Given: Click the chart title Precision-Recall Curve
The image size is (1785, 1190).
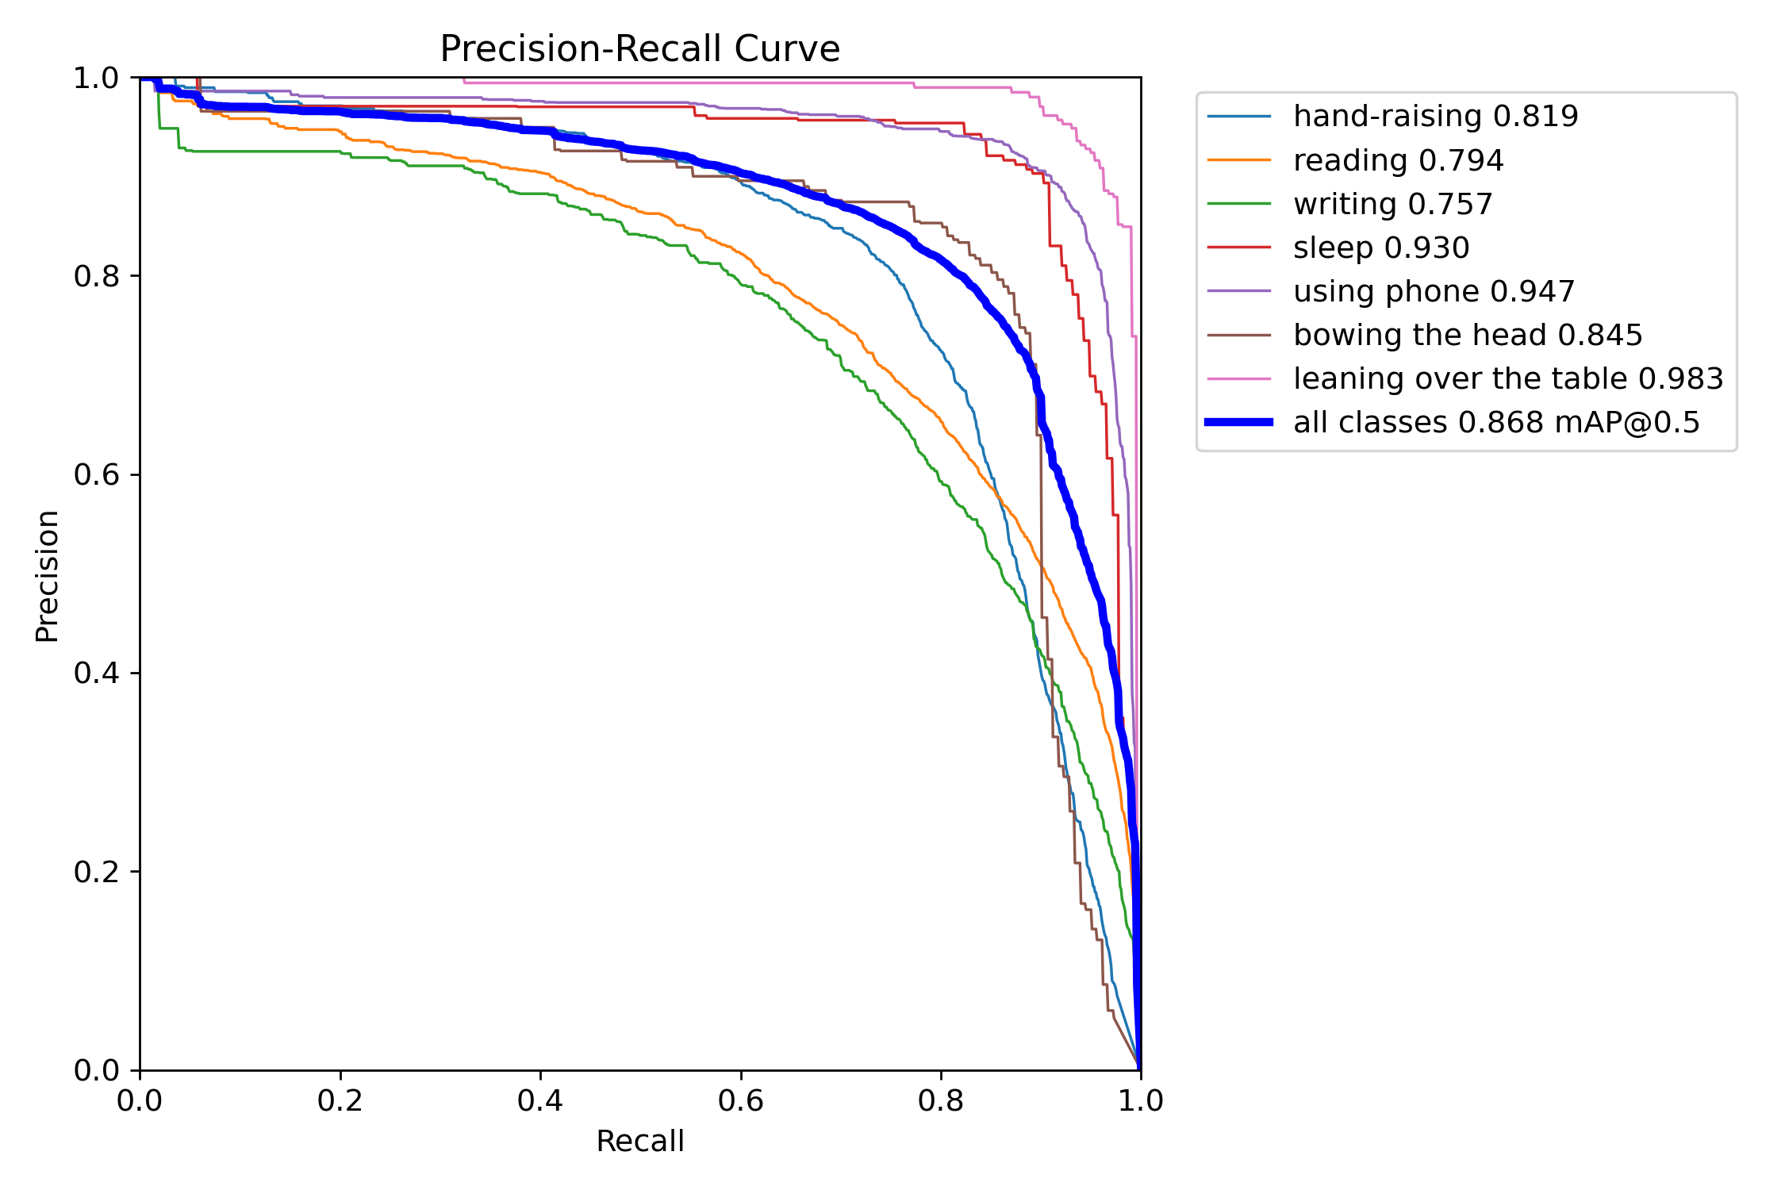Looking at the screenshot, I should click(639, 49).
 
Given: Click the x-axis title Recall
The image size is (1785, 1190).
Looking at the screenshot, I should click(639, 1141).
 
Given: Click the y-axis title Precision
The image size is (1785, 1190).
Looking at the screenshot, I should click(48, 576).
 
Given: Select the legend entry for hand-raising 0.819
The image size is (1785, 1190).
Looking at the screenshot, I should click(1435, 117).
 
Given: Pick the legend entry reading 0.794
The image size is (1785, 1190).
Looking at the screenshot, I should click(1398, 160).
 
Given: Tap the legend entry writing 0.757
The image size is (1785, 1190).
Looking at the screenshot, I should click(1392, 204).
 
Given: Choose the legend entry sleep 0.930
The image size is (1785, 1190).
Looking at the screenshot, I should click(1381, 248).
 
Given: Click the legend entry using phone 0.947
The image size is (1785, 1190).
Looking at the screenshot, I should click(1434, 291).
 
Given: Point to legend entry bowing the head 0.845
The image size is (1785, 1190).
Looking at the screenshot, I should click(1467, 335).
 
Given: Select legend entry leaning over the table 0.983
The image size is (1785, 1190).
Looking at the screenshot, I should click(1507, 378).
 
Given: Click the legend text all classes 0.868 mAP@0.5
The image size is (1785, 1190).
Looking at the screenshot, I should click(1496, 422).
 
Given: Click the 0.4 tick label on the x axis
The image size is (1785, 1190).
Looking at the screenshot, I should click(540, 1100).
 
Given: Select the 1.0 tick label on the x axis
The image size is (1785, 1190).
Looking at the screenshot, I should click(1140, 1100).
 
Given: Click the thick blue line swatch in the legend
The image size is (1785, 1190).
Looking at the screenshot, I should click(1239, 422).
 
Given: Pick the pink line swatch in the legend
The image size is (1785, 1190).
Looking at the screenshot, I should click(1239, 378).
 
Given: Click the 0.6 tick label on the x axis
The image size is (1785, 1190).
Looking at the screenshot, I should click(740, 1100).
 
